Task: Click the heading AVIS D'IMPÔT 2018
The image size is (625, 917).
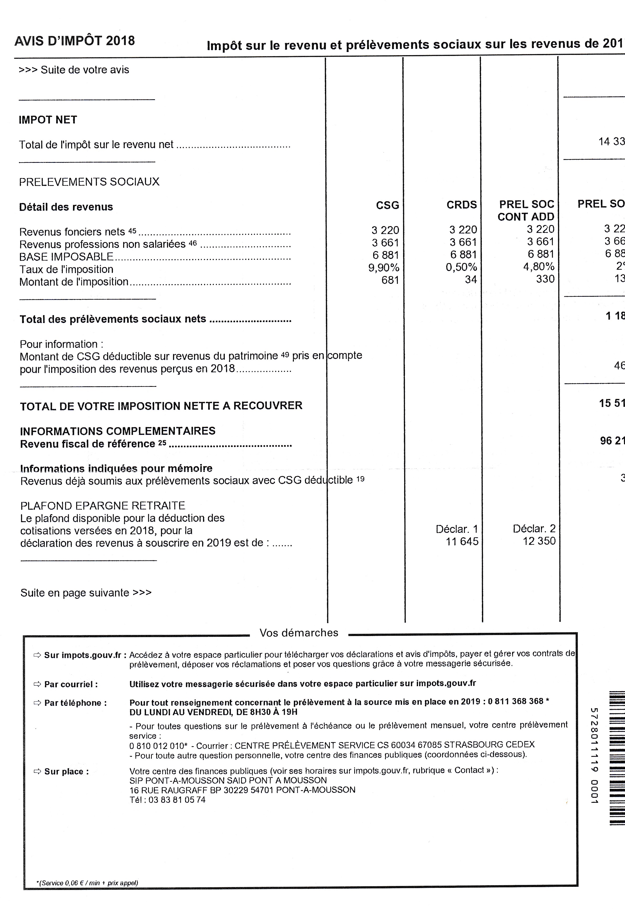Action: tap(75, 41)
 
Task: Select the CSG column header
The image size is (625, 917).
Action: tap(387, 205)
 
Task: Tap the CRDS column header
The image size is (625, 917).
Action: tap(462, 205)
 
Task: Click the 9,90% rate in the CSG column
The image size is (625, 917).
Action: tap(383, 268)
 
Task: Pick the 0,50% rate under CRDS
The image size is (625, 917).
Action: tap(461, 267)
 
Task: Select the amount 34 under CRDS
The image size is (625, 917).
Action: tap(471, 279)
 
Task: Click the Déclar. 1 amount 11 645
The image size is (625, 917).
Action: tap(462, 541)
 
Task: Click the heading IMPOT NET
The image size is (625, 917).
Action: tap(48, 120)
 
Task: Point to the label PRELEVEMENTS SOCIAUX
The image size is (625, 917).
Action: tap(89, 182)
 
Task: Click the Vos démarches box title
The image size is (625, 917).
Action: tap(299, 633)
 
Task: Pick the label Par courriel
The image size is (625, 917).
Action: tap(71, 684)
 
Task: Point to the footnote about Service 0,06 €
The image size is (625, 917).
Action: tap(87, 883)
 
